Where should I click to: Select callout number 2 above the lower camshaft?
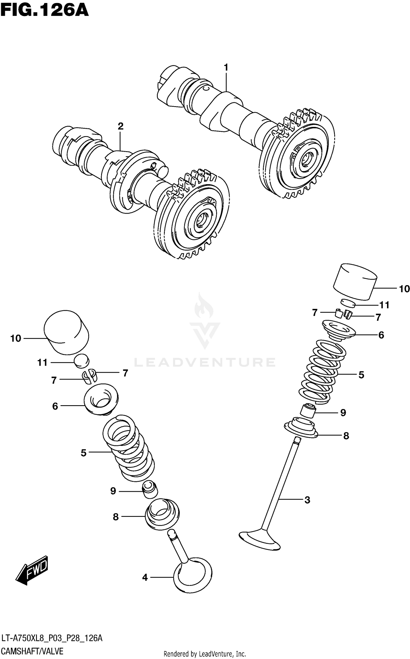click(121, 126)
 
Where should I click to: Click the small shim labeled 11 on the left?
click(81, 361)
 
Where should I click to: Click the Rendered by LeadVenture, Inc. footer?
click(204, 654)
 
